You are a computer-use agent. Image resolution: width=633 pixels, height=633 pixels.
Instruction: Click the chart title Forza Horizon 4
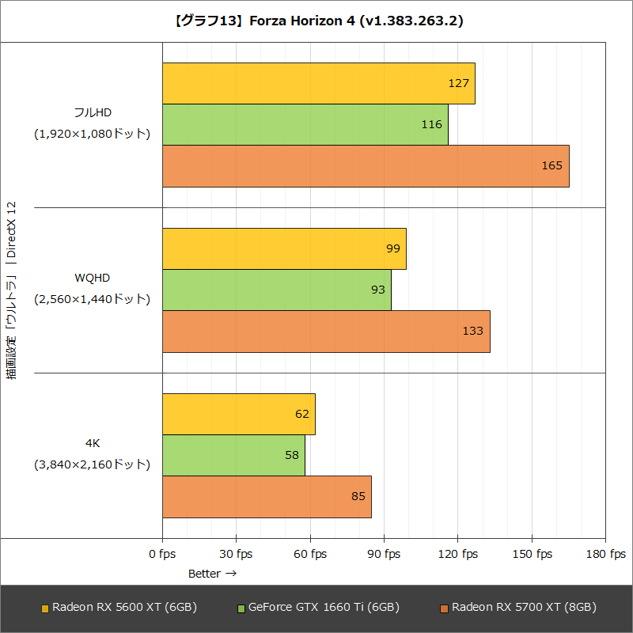(316, 21)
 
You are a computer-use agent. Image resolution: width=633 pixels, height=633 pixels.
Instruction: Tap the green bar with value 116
(305, 124)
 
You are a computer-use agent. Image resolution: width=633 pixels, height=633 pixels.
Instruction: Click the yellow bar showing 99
(284, 248)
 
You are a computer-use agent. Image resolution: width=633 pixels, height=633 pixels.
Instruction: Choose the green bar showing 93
(276, 290)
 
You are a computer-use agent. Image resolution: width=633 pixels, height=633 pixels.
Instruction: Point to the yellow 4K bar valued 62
(238, 414)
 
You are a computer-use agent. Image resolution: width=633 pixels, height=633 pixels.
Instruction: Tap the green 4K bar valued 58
(233, 455)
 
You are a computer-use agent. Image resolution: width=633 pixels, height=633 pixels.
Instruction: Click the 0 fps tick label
(162, 554)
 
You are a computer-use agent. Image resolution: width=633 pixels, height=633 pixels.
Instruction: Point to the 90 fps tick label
(384, 554)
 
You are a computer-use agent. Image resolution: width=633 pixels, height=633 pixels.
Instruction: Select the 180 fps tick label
(605, 554)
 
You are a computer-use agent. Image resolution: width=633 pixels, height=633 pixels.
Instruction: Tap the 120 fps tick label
(457, 554)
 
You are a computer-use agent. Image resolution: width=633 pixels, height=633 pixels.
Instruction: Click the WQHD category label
(92, 278)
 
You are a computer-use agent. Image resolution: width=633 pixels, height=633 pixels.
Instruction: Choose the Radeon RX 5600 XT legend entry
(119, 608)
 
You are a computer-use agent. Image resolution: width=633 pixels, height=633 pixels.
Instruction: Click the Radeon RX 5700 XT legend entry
(518, 608)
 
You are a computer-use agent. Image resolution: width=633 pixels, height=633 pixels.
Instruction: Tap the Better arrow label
(212, 574)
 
